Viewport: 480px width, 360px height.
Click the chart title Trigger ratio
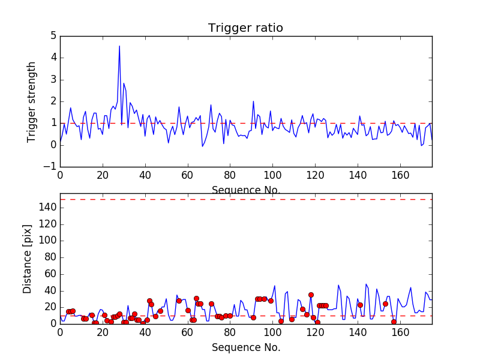click(245, 28)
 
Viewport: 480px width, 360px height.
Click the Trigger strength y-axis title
click(32, 101)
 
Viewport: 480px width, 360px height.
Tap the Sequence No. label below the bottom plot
click(245, 347)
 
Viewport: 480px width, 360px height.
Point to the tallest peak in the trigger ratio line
click(119, 46)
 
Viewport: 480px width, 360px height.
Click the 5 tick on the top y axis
click(53, 36)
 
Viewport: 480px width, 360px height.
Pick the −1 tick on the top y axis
click(50, 166)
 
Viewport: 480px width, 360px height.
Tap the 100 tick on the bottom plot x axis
click(272, 333)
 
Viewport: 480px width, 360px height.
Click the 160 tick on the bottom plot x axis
click(400, 333)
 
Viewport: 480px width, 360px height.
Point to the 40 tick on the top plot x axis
click(145, 176)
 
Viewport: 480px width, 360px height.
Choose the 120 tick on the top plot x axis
click(315, 176)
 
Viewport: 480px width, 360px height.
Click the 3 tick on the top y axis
click(53, 79)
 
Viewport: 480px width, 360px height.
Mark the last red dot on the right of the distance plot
click(394, 322)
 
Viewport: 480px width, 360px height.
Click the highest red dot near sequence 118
click(311, 295)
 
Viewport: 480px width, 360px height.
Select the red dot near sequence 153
click(385, 304)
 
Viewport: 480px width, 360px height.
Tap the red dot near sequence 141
click(360, 305)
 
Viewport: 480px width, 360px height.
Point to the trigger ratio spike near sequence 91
click(253, 101)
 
